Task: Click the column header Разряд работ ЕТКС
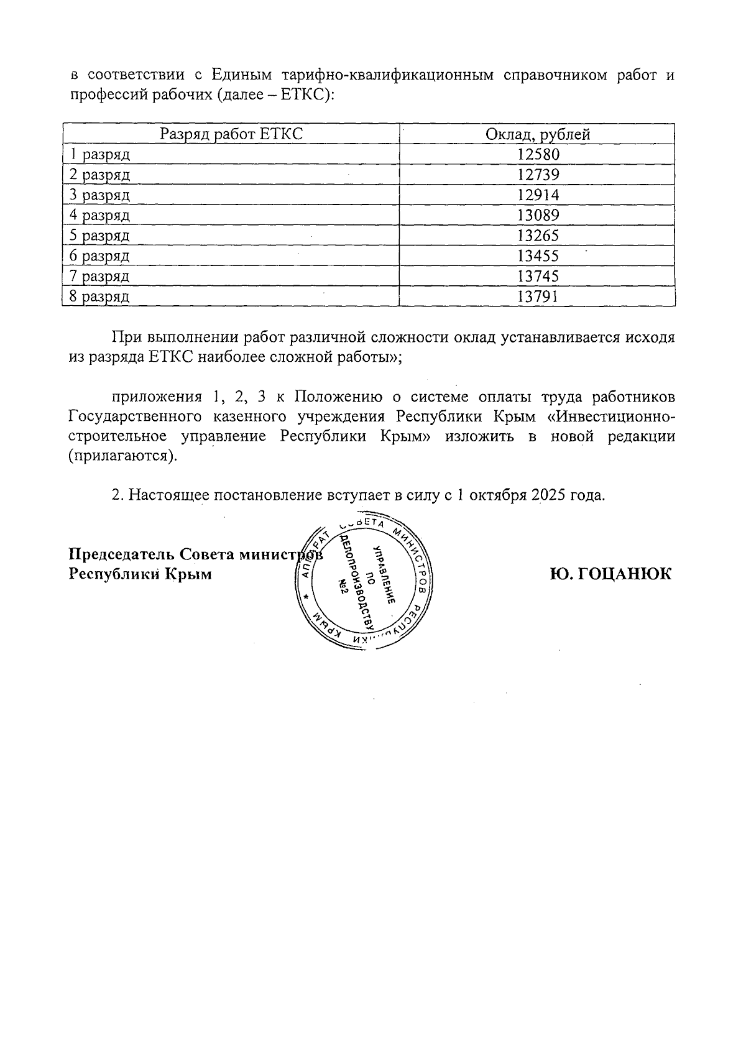[x=231, y=134]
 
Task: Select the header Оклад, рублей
[x=537, y=134]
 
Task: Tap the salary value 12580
[x=538, y=154]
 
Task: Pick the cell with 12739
[x=538, y=175]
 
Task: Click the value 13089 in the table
[x=538, y=215]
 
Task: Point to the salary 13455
[x=538, y=255]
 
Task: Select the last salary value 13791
[x=538, y=296]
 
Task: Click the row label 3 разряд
[x=99, y=195]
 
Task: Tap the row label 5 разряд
[x=99, y=236]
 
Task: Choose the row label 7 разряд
[x=99, y=276]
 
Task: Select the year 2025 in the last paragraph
[x=545, y=495]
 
